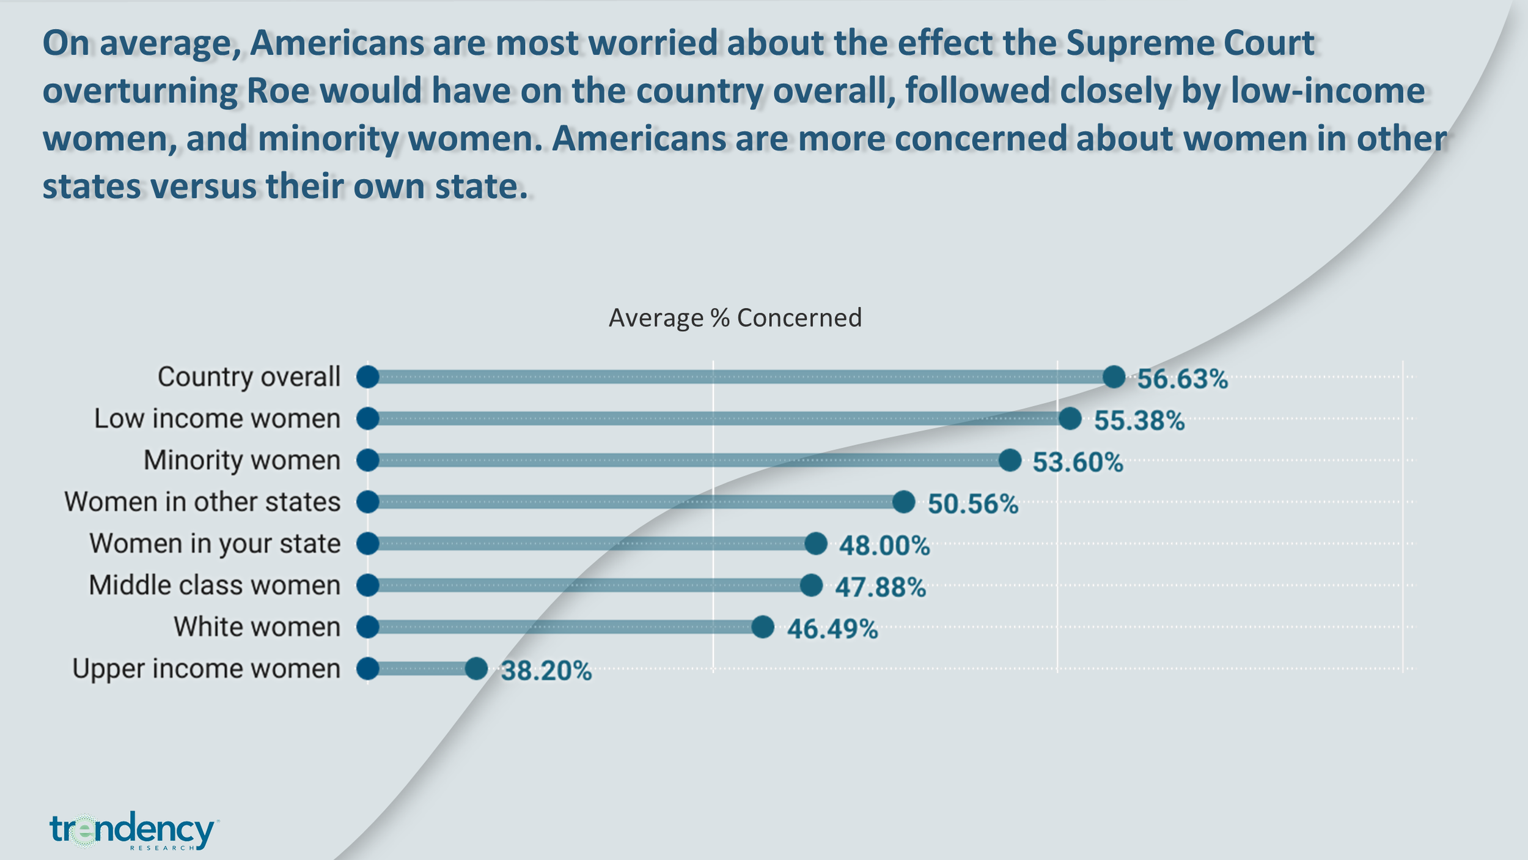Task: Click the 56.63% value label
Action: click(1182, 379)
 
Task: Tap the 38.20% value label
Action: click(546, 671)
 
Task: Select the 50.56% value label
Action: click(973, 504)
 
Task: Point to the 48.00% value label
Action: click(884, 546)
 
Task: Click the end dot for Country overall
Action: click(1114, 377)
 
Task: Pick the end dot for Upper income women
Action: click(476, 669)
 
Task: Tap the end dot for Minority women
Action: click(1010, 460)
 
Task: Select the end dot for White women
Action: click(763, 627)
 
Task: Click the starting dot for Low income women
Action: click(368, 419)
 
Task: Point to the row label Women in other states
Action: click(202, 502)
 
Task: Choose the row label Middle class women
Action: click(215, 585)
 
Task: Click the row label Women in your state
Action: click(215, 544)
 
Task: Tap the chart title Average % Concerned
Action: click(735, 318)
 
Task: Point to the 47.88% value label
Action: click(880, 587)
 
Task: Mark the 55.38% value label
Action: click(1139, 421)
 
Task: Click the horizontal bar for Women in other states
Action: click(636, 502)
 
